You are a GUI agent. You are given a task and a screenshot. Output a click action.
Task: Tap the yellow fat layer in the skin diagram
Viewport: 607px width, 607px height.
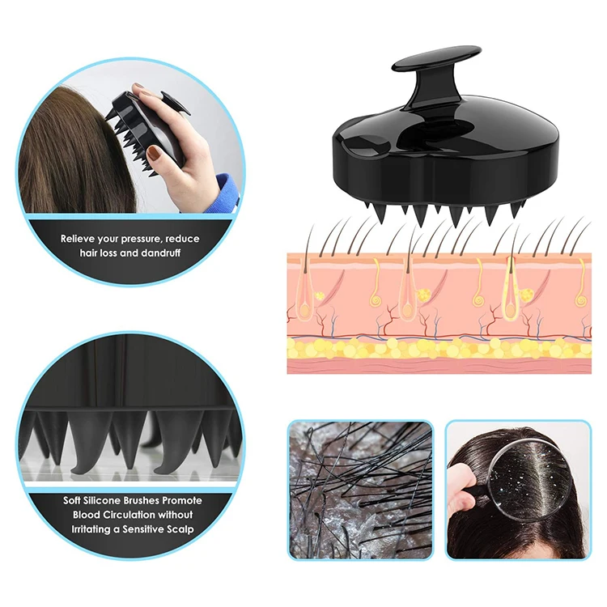(x=437, y=347)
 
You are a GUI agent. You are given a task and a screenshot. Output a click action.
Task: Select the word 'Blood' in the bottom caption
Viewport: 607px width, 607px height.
(x=87, y=515)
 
